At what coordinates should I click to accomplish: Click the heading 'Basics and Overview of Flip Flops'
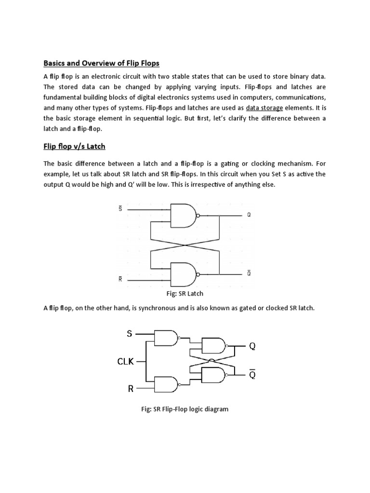(101, 63)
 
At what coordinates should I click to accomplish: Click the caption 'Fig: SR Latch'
(185, 293)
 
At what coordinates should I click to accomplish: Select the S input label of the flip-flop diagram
(129, 334)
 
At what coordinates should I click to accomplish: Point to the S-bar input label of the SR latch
(120, 208)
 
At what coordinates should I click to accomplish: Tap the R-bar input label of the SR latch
(120, 279)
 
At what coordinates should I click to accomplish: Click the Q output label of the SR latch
(249, 215)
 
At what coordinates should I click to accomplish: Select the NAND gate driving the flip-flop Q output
(213, 346)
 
